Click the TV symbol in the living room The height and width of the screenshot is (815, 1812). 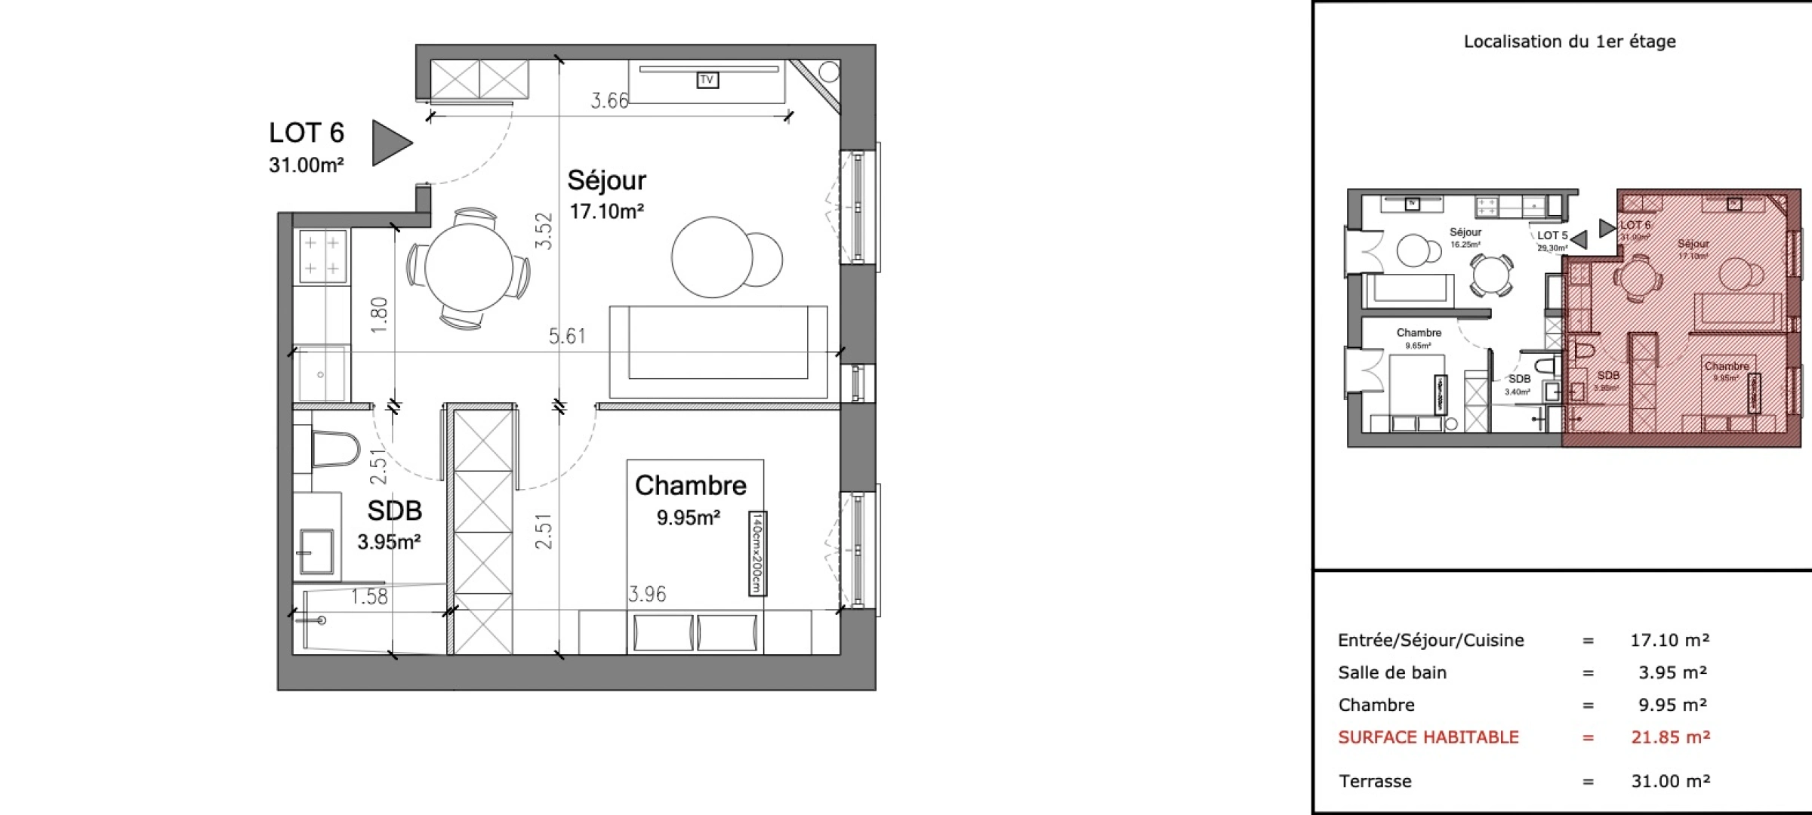pyautogui.click(x=707, y=80)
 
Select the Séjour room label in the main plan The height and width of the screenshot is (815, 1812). pyautogui.click(x=606, y=180)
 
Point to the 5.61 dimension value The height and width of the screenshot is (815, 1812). pyautogui.click(x=567, y=336)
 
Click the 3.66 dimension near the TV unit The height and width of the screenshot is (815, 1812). pyautogui.click(x=609, y=101)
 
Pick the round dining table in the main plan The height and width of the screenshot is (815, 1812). pyautogui.click(x=469, y=267)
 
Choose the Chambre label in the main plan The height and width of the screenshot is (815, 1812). pyautogui.click(x=690, y=485)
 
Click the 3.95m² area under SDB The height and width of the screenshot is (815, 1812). pyautogui.click(x=389, y=542)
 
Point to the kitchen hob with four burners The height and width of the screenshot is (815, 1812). pyautogui.click(x=322, y=256)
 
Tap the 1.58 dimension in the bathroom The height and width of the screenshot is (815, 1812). pyautogui.click(x=369, y=597)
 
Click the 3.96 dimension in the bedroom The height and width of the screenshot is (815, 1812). pyautogui.click(x=647, y=595)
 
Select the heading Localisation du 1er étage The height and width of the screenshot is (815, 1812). pyautogui.click(x=1569, y=42)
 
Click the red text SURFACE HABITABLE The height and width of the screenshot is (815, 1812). pyautogui.click(x=1428, y=737)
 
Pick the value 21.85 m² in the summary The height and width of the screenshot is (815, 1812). pyautogui.click(x=1670, y=737)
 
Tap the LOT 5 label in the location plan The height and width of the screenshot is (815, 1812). pyautogui.click(x=1552, y=235)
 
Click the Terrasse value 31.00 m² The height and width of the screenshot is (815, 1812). pyautogui.click(x=1670, y=781)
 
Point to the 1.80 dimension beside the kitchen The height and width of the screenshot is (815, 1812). pyautogui.click(x=380, y=315)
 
